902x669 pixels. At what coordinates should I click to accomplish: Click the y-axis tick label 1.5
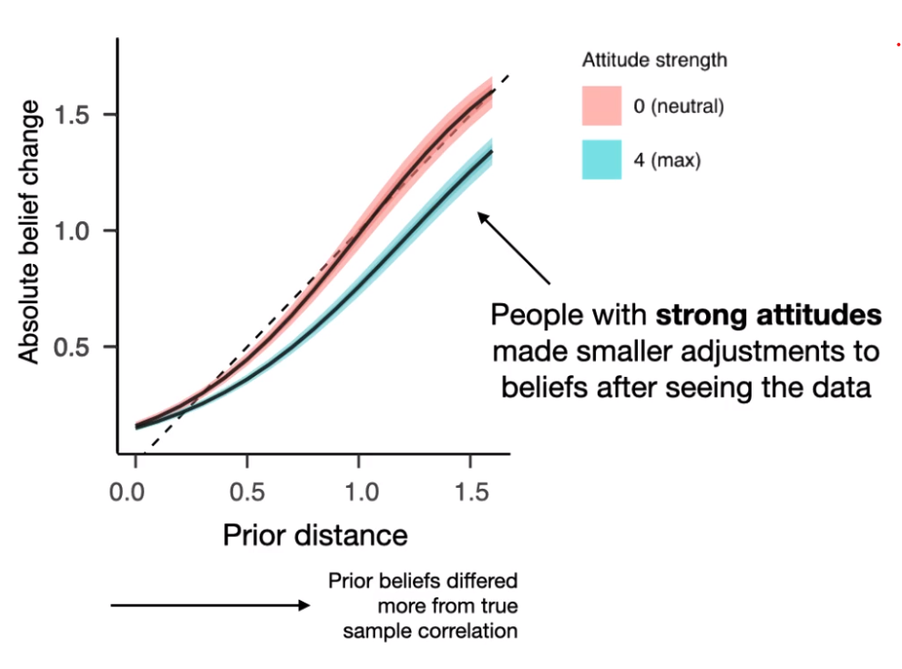click(x=75, y=115)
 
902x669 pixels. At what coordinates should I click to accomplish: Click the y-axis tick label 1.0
click(x=75, y=230)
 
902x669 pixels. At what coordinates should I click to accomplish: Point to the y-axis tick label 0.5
click(x=75, y=347)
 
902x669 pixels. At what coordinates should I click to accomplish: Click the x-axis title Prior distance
click(x=314, y=535)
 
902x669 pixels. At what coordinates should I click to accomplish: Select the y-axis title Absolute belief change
click(x=31, y=231)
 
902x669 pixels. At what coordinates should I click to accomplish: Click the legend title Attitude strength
click(x=654, y=61)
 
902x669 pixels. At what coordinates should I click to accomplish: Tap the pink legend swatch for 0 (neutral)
click(x=601, y=106)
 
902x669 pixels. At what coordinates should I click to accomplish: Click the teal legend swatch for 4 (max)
click(x=601, y=159)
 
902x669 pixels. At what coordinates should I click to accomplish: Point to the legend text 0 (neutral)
click(x=679, y=106)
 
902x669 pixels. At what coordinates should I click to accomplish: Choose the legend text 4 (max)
click(x=668, y=160)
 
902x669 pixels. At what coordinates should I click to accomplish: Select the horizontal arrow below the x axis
click(x=210, y=605)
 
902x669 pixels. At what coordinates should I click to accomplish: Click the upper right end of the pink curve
click(x=492, y=91)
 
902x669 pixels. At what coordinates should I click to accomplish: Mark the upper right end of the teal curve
click(x=492, y=151)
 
